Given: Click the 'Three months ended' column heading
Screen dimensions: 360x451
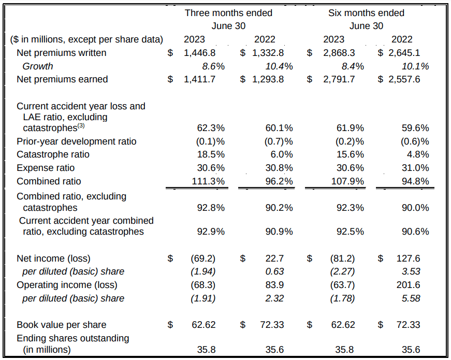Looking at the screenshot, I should click(x=228, y=13).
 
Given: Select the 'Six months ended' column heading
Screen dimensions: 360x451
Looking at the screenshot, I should click(x=366, y=13).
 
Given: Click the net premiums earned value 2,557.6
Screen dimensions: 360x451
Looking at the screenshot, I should click(x=405, y=79).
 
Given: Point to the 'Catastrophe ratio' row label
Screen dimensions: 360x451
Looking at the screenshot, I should click(x=53, y=154).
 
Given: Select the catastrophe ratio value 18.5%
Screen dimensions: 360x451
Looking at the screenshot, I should click(x=211, y=154).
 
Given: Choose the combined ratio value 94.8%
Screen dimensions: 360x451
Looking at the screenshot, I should click(x=415, y=181).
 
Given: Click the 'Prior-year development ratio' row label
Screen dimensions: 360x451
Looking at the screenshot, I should click(x=76, y=141).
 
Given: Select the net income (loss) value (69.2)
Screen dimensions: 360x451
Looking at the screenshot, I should click(x=203, y=258).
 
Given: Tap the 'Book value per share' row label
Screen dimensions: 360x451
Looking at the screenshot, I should click(x=61, y=325).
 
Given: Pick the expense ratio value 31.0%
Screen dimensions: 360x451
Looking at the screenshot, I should click(x=415, y=168).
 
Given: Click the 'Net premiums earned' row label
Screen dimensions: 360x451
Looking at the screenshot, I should click(x=62, y=79).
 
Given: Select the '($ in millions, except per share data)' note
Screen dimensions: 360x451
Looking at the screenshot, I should click(x=86, y=39).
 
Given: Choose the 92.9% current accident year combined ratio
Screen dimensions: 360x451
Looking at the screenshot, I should click(x=211, y=232).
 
